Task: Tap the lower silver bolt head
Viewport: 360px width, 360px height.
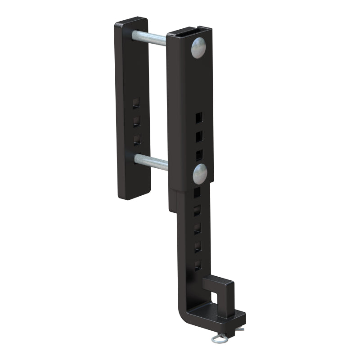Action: (200, 174)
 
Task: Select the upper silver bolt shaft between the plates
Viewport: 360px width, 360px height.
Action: (151, 37)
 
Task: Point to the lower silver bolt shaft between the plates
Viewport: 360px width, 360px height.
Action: (152, 161)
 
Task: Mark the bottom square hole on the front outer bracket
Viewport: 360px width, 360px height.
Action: (198, 155)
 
